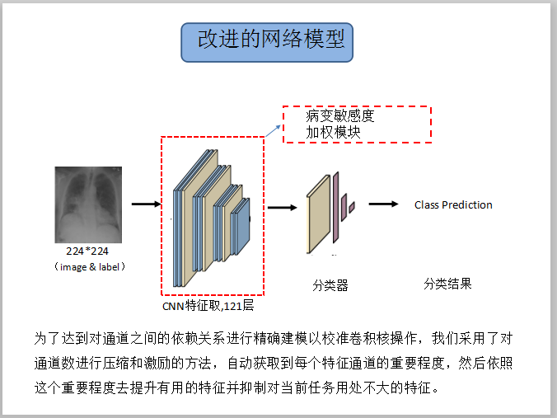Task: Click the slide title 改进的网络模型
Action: click(x=267, y=40)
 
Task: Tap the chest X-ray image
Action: click(x=88, y=200)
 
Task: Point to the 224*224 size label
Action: click(x=88, y=250)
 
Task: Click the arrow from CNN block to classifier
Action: click(x=281, y=208)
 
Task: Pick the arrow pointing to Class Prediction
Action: click(x=384, y=204)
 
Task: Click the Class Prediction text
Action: click(x=453, y=204)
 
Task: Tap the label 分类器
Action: click(x=330, y=286)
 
